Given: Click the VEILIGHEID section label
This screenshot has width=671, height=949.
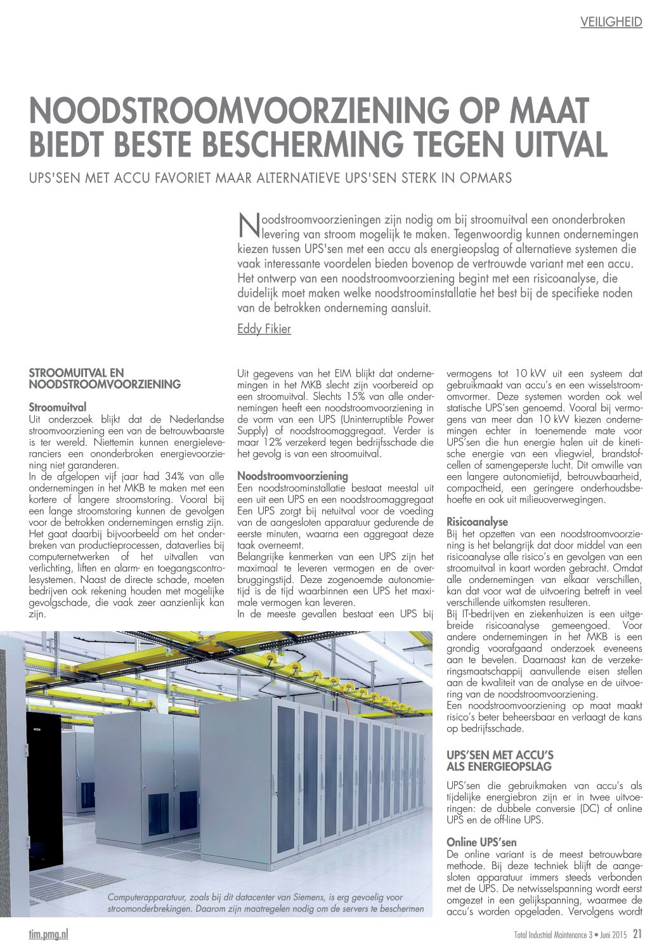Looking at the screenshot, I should click(x=611, y=22).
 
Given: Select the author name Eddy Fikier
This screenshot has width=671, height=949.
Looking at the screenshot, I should click(x=264, y=329).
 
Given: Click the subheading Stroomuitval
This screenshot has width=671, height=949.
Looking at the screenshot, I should click(x=58, y=407).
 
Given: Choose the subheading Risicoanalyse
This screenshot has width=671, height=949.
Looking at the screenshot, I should click(x=477, y=521).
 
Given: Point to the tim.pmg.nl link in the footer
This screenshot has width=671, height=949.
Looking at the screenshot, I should click(x=49, y=933).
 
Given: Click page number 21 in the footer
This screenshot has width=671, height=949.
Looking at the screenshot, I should click(x=637, y=933).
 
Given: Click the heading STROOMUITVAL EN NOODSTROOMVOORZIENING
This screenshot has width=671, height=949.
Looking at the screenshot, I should click(x=105, y=378).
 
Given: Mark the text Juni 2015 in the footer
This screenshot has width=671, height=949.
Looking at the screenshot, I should click(x=611, y=934).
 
